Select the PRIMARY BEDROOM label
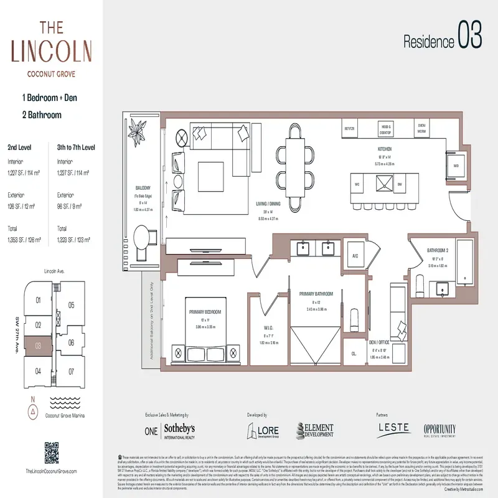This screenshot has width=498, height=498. coord(205,310)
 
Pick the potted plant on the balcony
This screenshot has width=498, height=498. coord(137,130)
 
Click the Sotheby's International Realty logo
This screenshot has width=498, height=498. coord(178,431)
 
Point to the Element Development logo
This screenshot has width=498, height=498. coord(314,431)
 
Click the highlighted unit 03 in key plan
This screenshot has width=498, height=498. coord(38,345)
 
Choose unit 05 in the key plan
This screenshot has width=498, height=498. coord(72,305)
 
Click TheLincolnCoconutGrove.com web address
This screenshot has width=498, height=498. coord(53,472)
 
